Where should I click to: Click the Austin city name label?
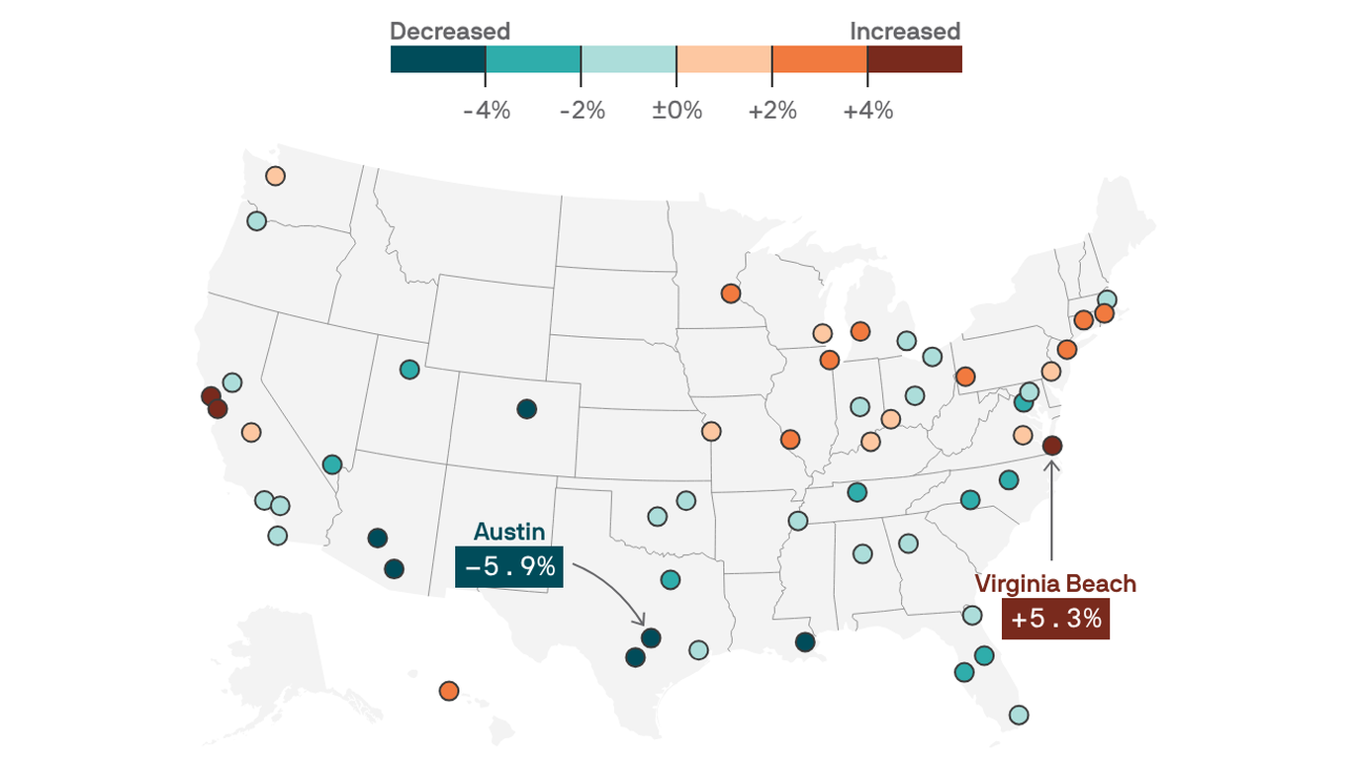pos(508,532)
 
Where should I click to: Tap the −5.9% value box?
pos(508,567)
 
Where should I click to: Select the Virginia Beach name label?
pos(1055,584)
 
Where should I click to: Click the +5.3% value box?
pos(1055,620)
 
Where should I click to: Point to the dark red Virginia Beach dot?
pos(1051,446)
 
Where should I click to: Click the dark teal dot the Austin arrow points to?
pos(650,637)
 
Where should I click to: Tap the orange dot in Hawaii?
pos(448,691)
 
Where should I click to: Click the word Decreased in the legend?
pos(450,32)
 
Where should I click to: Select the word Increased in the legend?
pos(905,32)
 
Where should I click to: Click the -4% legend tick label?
pos(487,111)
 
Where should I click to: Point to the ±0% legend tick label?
pos(676,111)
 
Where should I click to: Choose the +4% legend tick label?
pos(867,111)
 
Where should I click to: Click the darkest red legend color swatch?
pos(914,59)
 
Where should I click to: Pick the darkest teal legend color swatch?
pos(438,59)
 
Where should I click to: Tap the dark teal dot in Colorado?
pos(526,408)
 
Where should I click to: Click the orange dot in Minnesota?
pos(730,294)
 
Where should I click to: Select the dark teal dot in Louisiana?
pos(804,642)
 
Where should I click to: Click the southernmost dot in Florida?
pos(1018,715)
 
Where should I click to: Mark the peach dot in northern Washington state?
pos(275,176)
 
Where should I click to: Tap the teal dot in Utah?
pos(409,370)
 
